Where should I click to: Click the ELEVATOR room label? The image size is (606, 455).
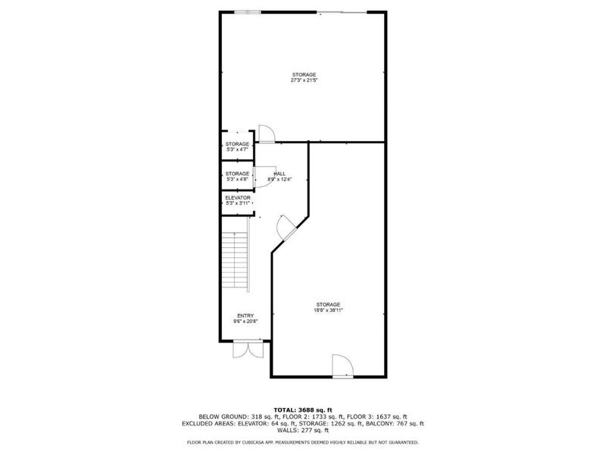click(237, 197)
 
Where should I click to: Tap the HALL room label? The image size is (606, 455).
click(280, 174)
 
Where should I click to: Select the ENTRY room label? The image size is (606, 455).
click(245, 315)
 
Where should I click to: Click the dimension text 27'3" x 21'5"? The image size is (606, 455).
click(303, 80)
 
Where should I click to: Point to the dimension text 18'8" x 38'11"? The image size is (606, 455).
click(328, 309)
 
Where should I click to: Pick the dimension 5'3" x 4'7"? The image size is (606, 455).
click(237, 149)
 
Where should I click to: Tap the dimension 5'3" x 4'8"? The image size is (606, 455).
click(237, 179)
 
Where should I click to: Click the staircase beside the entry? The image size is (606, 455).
click(237, 262)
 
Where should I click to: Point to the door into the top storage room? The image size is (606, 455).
click(267, 133)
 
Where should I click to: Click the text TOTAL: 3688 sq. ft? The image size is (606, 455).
click(303, 409)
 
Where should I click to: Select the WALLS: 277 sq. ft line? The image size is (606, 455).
click(303, 431)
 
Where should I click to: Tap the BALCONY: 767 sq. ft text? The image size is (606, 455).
click(398, 423)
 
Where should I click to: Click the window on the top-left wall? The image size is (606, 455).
click(247, 11)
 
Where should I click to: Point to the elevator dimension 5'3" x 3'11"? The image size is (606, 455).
click(237, 203)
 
